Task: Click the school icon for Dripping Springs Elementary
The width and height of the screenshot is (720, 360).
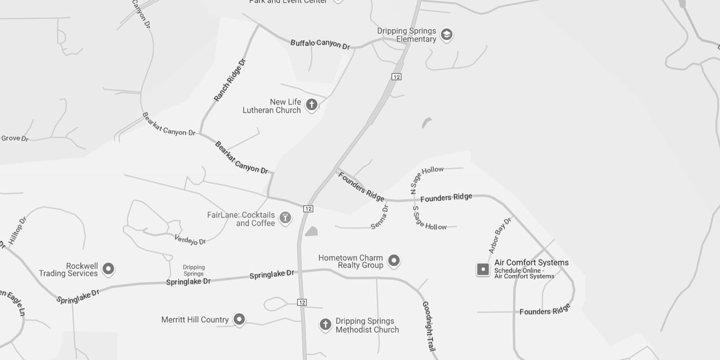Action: (447, 34)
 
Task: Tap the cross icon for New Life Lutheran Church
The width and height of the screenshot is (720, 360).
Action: (311, 104)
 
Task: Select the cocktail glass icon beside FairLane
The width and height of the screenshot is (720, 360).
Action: (285, 218)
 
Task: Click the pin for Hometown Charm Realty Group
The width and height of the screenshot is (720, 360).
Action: (394, 260)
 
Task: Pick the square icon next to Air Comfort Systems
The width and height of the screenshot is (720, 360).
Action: (483, 269)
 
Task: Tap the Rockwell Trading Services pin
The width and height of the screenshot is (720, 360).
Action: (109, 268)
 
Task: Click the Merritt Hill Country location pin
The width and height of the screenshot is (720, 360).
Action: (239, 319)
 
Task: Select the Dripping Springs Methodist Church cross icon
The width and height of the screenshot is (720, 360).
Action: (325, 325)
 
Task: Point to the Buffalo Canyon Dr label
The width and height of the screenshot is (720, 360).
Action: (320, 43)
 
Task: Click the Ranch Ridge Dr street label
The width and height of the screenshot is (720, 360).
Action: (230, 80)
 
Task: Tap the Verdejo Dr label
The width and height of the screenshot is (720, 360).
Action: (190, 240)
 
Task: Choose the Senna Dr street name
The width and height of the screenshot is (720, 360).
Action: (380, 217)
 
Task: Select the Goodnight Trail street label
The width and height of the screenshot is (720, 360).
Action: (429, 326)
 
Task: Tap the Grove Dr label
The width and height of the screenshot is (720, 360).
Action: (15, 138)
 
